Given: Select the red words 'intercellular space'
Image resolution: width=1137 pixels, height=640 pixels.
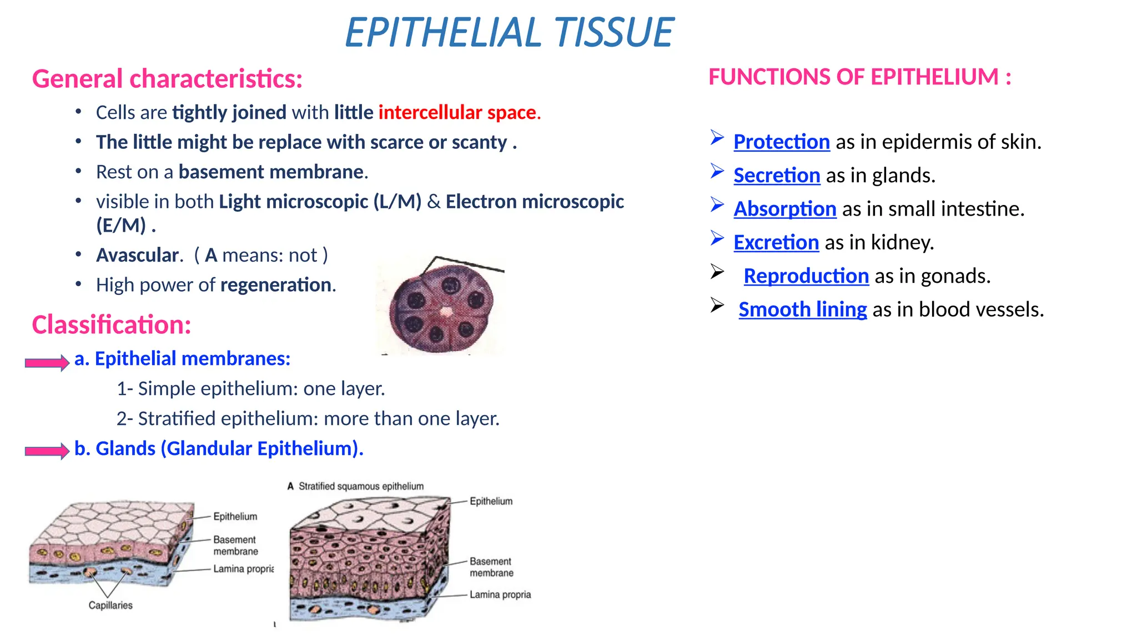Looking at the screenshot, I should coord(458,113).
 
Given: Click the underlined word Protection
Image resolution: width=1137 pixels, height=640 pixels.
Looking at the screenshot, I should coord(781,142).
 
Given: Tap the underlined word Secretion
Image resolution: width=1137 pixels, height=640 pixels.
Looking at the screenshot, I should coord(776,176).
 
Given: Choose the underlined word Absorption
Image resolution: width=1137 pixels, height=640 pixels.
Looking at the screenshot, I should coord(784,209).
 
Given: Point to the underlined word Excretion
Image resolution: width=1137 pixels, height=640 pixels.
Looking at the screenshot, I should coord(776,243).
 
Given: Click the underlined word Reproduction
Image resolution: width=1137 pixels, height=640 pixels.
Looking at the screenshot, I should coord(806,276).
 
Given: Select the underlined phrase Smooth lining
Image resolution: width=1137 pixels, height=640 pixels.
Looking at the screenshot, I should coord(802,309).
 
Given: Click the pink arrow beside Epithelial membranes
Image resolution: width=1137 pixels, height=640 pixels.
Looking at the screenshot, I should coord(47,363).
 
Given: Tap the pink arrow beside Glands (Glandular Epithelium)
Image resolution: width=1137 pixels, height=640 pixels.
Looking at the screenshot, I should coord(47,451).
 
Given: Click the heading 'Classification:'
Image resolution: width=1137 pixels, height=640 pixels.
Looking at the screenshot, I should coord(112,325).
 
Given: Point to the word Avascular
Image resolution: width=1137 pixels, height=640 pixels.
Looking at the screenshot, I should coord(139,256).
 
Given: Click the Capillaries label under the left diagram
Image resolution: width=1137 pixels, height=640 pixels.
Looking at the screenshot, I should coord(110,606).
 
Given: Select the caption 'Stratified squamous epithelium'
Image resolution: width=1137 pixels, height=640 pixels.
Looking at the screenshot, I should coord(360,487).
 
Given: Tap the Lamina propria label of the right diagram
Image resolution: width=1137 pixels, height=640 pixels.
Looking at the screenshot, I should coord(500,595).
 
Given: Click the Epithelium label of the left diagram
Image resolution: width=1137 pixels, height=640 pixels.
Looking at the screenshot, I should coord(235,517).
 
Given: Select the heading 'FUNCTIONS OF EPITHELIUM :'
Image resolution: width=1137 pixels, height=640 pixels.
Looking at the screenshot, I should coord(859,77).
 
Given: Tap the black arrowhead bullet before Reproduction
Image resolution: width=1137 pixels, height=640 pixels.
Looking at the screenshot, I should coord(717,272).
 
